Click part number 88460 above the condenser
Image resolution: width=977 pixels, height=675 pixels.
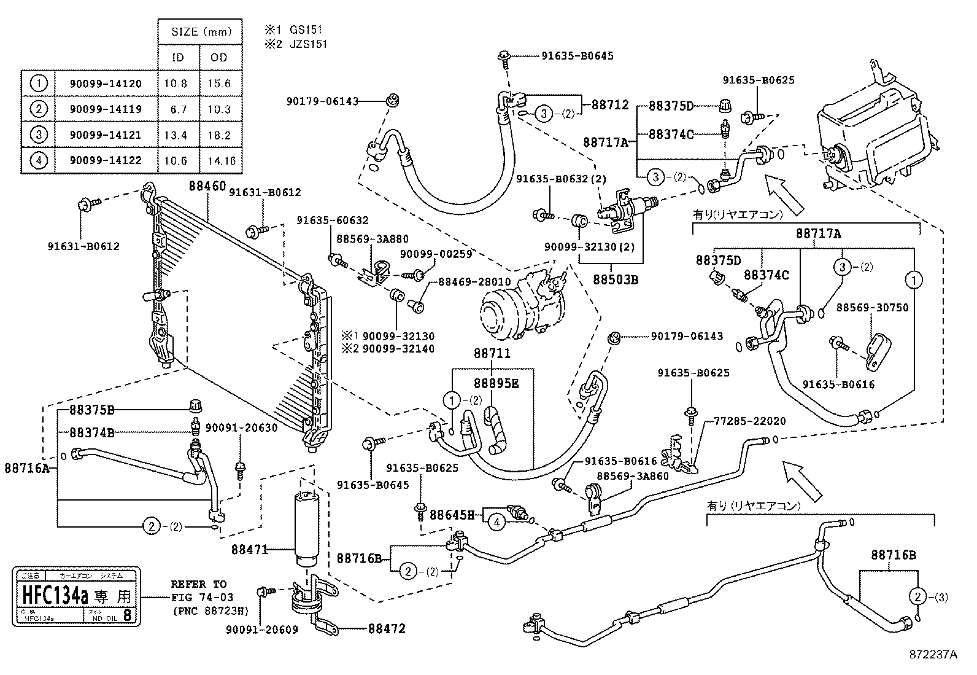click(x=207, y=185)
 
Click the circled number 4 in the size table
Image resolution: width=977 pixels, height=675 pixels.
click(x=39, y=161)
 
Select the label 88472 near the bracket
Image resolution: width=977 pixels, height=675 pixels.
click(x=387, y=629)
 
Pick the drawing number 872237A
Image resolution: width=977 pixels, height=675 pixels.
click(x=933, y=655)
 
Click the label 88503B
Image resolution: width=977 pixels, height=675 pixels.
click(x=616, y=280)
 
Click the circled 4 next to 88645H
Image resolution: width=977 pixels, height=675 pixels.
click(x=496, y=523)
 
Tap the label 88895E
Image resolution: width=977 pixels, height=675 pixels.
click(x=496, y=383)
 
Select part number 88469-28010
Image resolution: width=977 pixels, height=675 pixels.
click(x=474, y=282)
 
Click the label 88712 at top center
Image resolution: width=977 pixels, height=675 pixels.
click(x=610, y=104)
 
